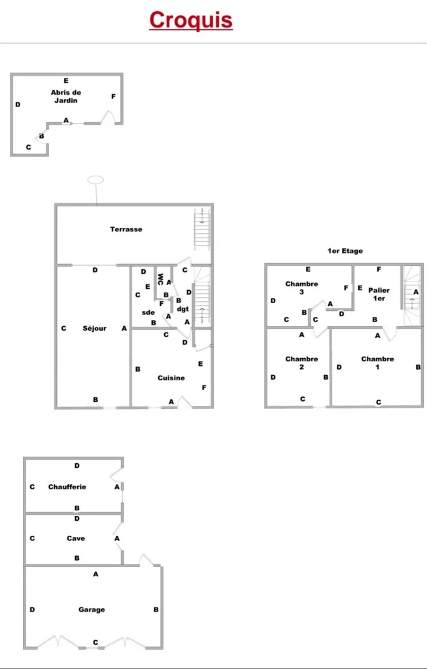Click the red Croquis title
(x=191, y=20)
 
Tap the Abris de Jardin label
(x=66, y=97)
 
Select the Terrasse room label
(x=126, y=229)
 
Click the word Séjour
(x=94, y=328)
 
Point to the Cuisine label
(x=171, y=378)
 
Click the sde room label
(x=148, y=312)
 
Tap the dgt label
(x=182, y=309)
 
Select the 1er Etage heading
(x=345, y=251)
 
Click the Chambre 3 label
(x=301, y=287)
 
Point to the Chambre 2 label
(x=301, y=363)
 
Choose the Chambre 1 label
(x=377, y=363)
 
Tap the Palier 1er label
(x=379, y=294)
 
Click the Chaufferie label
(x=67, y=487)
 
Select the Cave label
(x=76, y=538)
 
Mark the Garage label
(x=92, y=610)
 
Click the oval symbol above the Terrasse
(x=95, y=180)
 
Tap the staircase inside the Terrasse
(x=202, y=229)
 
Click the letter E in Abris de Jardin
(x=66, y=80)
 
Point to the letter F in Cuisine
(x=203, y=387)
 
